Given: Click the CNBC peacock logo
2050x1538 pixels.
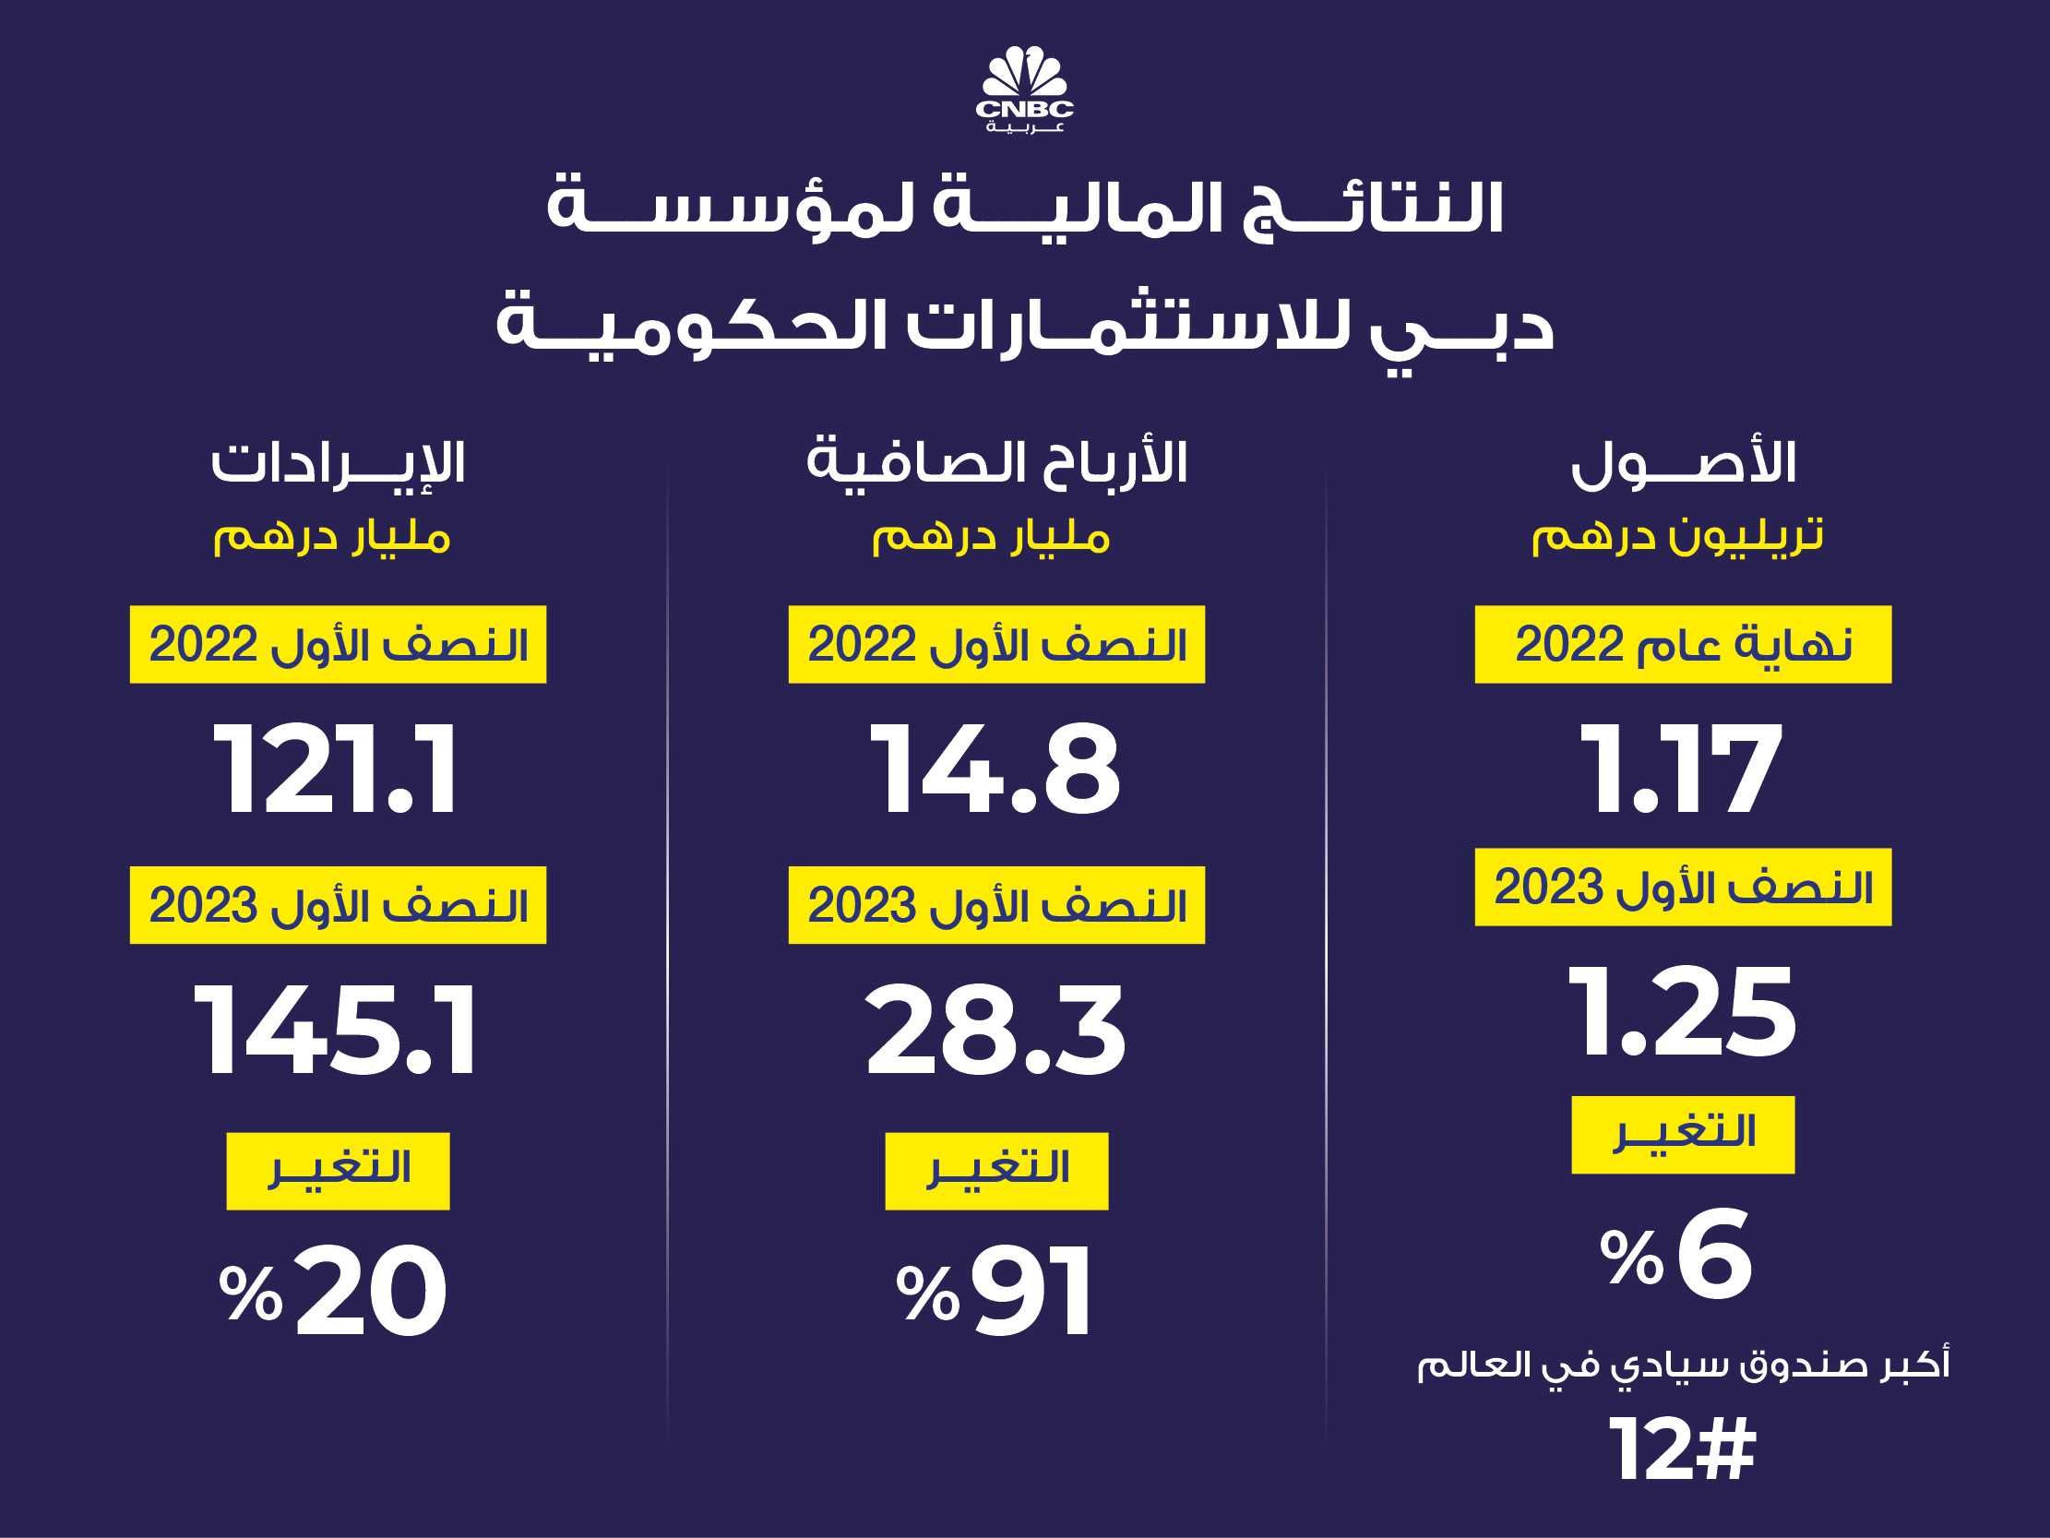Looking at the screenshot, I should point(1024,88).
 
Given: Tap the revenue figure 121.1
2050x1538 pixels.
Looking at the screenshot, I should point(336,769).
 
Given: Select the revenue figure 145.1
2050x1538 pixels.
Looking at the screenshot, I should point(336,1030).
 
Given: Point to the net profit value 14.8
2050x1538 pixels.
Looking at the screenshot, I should point(995,769).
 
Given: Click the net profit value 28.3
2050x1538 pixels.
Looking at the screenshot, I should point(995,1030).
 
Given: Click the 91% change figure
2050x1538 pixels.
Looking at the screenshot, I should point(995,1292).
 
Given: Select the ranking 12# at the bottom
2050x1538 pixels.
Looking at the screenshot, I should point(1681,1449).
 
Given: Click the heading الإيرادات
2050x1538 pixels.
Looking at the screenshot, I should point(338,463).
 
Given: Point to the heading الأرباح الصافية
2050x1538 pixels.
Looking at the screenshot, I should point(996,462).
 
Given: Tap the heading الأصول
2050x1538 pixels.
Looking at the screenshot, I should point(1683,463).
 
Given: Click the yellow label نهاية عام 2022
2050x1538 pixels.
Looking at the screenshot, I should point(1683,644).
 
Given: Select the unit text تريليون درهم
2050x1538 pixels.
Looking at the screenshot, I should point(1677,536).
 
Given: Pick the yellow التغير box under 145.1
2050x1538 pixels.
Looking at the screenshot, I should point(339,1171).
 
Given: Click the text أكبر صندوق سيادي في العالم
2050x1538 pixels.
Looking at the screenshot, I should point(1683,1365).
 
